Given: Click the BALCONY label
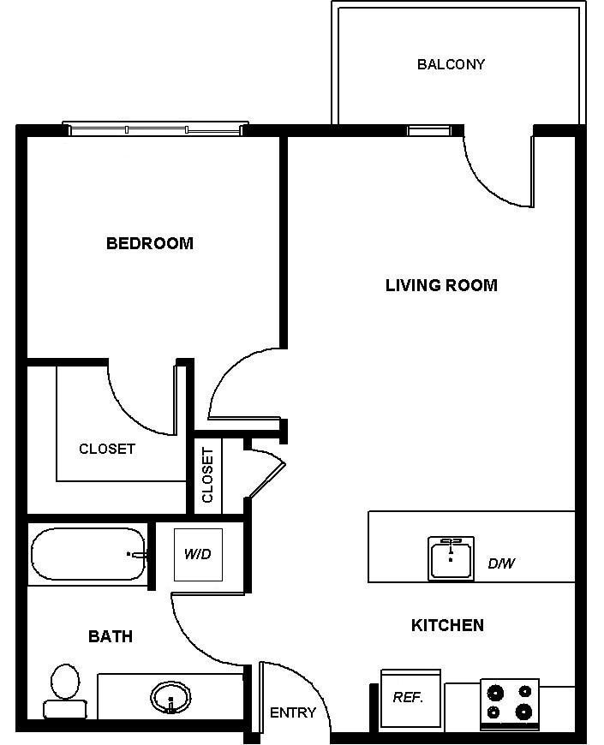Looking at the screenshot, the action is point(451,64).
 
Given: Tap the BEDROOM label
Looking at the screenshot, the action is point(150,243).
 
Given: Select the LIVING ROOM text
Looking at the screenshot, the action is point(441,285).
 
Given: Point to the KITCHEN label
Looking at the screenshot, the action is point(447,625).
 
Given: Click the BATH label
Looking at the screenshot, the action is point(111,636).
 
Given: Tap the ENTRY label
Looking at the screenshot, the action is point(293,712).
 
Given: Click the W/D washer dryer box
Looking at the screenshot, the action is point(198,555).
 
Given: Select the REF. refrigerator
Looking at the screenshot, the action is point(410,699).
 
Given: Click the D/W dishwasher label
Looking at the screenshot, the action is point(501,563).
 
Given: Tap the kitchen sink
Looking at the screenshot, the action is point(451,558).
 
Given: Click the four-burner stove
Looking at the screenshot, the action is point(510,704).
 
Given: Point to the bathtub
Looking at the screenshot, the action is point(88,554).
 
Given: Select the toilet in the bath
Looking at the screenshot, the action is point(65,691).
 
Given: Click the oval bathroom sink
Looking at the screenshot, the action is point(170,698).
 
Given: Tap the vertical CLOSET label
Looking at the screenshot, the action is point(207,474).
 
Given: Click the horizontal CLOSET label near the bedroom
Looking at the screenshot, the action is point(107,449).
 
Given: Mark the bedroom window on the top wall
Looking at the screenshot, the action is point(156,128).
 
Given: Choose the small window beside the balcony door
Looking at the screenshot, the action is point(429,130).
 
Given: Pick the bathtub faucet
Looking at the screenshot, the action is point(137,555).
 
